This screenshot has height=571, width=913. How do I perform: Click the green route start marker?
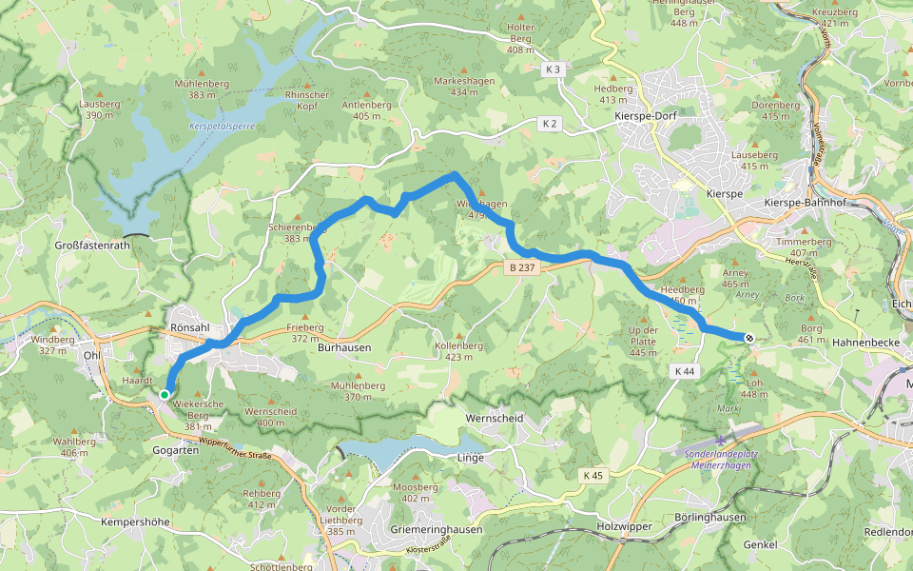pos(165,394)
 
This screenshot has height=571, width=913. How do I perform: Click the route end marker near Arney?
pos(749,338)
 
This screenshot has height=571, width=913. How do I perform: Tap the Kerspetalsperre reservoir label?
pos(223,126)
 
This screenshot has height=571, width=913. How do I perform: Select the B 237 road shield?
pos(523,268)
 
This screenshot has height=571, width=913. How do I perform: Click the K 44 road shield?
pos(683,370)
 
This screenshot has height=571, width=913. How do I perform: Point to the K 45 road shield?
pos(594,475)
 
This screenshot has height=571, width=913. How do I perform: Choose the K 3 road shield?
pos(554,69)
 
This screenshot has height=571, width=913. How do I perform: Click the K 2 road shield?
pos(550,123)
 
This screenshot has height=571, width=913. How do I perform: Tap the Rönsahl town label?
pos(188,327)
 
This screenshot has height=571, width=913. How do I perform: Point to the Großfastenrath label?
pos(91,245)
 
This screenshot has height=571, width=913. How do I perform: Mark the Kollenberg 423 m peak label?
pos(459,352)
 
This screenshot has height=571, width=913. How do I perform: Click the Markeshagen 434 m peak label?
pos(463,87)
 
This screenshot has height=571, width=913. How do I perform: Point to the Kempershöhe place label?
pos(135,522)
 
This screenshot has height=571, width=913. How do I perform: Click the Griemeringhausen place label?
pos(437,529)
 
